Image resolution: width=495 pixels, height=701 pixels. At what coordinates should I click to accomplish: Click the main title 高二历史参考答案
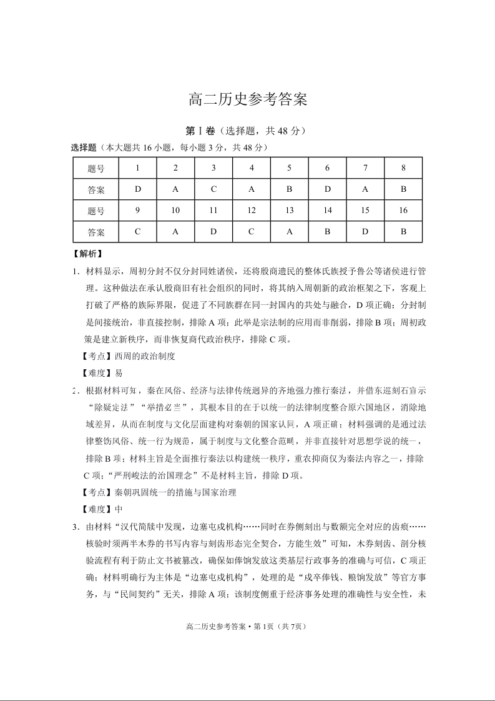[248, 99]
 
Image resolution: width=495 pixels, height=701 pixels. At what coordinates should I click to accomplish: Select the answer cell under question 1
[137, 189]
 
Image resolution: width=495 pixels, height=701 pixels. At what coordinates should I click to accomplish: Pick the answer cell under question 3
[213, 189]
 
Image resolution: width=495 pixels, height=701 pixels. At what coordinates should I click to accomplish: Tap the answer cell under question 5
[290, 189]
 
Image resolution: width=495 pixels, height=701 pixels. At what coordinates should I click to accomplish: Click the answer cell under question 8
[403, 189]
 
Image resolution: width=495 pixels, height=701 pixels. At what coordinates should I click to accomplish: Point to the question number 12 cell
[252, 211]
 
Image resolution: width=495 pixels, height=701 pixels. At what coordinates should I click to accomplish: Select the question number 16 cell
[403, 211]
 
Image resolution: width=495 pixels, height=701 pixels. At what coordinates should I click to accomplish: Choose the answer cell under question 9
[137, 232]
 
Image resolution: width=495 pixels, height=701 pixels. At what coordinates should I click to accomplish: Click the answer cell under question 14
[328, 232]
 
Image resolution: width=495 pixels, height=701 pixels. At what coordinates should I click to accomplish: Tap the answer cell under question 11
[213, 232]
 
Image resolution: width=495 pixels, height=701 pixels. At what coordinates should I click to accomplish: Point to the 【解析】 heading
[87, 254]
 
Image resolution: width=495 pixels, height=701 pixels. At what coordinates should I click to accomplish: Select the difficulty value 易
[119, 373]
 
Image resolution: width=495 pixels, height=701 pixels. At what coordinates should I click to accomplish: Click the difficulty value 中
[119, 509]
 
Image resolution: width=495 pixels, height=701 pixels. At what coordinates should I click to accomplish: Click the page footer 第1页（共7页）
[281, 627]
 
